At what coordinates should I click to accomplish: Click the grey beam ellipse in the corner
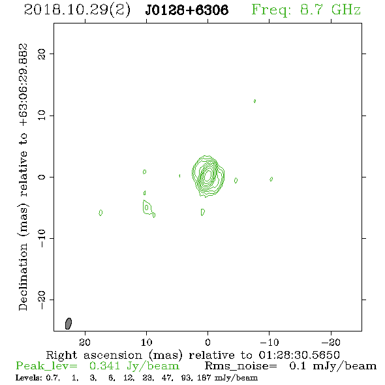[x=69, y=324]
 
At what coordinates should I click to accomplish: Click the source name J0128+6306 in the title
[x=187, y=10]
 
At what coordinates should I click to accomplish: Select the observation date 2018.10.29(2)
[x=77, y=10]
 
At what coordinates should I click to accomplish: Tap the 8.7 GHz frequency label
[x=330, y=10]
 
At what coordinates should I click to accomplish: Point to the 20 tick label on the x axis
[x=85, y=343]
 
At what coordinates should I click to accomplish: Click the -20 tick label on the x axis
[x=331, y=343]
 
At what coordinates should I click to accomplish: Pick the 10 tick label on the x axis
[x=147, y=343]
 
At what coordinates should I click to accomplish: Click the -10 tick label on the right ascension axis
[x=269, y=343]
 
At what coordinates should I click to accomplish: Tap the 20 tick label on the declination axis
[x=42, y=54]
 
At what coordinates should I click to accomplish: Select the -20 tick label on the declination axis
[x=42, y=300]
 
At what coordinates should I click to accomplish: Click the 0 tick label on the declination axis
[x=42, y=177]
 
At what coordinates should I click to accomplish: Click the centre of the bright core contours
[x=208, y=175]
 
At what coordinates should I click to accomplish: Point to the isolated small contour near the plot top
[x=255, y=101]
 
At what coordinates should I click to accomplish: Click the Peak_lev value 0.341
[x=104, y=366]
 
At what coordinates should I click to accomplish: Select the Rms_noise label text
[x=241, y=366]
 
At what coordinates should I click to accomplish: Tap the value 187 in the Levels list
[x=205, y=378]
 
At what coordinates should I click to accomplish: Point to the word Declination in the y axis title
[x=23, y=277]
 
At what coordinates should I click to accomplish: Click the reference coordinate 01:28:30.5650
[x=299, y=355]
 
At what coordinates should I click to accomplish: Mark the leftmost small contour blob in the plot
[x=100, y=213]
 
